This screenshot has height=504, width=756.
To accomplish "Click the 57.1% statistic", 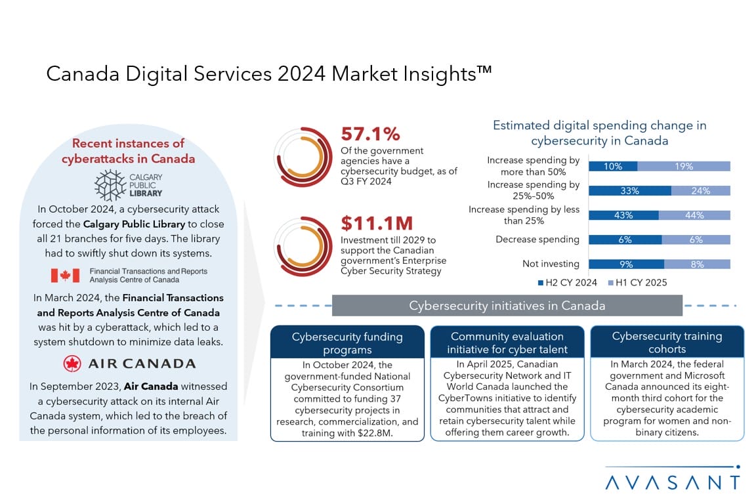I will [x=370, y=134].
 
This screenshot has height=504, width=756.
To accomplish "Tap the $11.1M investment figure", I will [x=377, y=224].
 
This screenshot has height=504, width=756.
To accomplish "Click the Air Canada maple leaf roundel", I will [x=72, y=364].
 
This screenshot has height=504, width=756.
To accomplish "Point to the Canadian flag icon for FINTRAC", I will [x=66, y=275].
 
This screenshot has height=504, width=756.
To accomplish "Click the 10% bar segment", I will [x=613, y=167].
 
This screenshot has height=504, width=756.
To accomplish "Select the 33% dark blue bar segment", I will [x=630, y=191].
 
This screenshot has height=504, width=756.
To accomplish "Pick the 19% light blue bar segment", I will [x=684, y=167].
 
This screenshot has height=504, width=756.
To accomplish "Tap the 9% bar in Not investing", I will [x=626, y=264].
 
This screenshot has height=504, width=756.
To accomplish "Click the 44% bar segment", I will [x=694, y=215].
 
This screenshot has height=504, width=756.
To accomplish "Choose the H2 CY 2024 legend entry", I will [x=567, y=283].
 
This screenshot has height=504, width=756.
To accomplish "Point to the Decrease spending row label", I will [x=537, y=240].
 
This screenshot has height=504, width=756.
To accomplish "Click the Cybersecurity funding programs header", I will [x=347, y=343].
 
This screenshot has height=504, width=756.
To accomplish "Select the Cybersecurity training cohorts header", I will [x=667, y=342].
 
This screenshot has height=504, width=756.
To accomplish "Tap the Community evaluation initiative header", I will [x=507, y=343].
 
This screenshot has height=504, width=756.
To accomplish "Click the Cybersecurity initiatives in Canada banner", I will [x=507, y=306].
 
